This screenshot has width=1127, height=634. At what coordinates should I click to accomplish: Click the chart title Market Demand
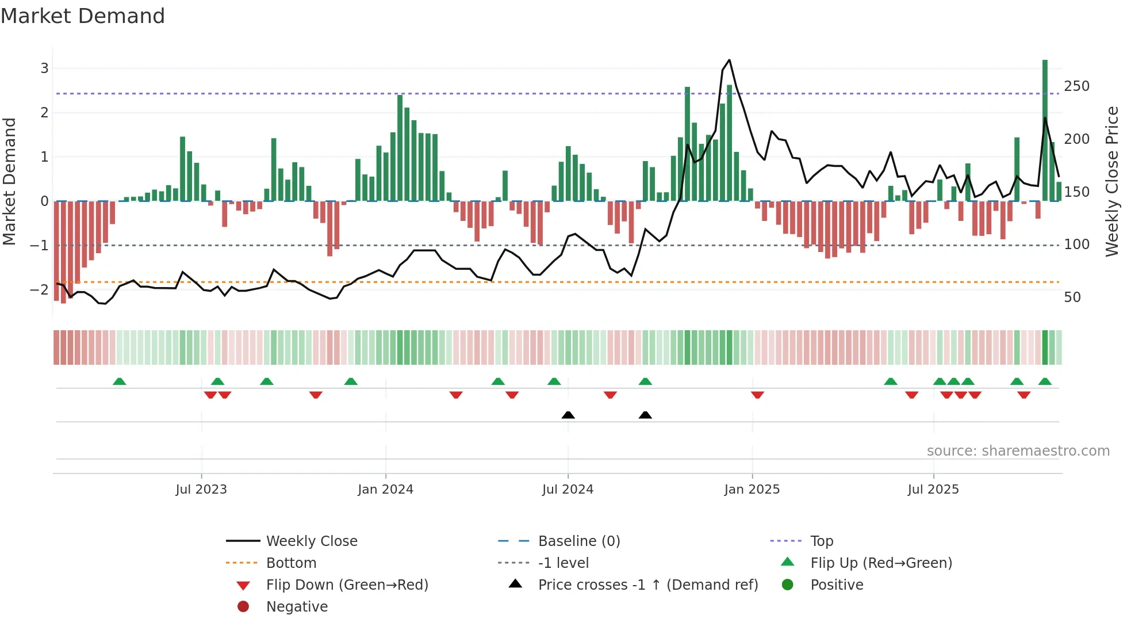point(83,16)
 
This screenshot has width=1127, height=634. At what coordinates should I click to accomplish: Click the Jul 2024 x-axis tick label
point(568,490)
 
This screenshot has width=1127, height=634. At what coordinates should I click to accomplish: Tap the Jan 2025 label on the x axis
point(752,490)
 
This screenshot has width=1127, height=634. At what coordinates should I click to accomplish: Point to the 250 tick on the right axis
point(1076,86)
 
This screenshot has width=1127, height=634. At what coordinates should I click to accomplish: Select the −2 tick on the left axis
point(39,289)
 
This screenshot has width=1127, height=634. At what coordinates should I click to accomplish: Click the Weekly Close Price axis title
point(1112,181)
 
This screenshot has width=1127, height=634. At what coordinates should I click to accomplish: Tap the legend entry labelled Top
point(822,541)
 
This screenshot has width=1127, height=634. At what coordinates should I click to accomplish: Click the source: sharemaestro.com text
point(1018,451)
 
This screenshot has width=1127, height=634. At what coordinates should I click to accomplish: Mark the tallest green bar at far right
point(1045,129)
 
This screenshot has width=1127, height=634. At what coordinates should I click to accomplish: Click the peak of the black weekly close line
point(729,60)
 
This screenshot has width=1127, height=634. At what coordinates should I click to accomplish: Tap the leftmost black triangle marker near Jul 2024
point(568,415)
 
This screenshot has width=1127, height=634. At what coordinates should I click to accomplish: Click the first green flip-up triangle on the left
point(119,381)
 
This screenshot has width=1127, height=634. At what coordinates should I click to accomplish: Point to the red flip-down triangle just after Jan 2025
point(757,395)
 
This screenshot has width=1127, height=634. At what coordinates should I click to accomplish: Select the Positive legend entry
point(837,585)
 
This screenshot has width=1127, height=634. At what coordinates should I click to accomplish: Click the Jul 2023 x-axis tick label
point(201,490)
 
